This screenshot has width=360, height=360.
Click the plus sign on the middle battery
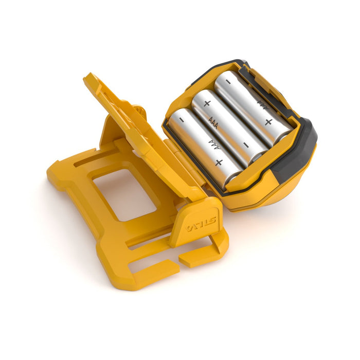pos(207,103)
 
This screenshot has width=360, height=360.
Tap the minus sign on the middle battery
pos(245,145)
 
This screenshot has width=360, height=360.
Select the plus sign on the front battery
pos(219,162)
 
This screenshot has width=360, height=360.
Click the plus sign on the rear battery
pos(268,122)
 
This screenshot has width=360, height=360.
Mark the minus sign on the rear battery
pos(228,81)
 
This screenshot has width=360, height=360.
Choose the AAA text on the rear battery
pos(262,104)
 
